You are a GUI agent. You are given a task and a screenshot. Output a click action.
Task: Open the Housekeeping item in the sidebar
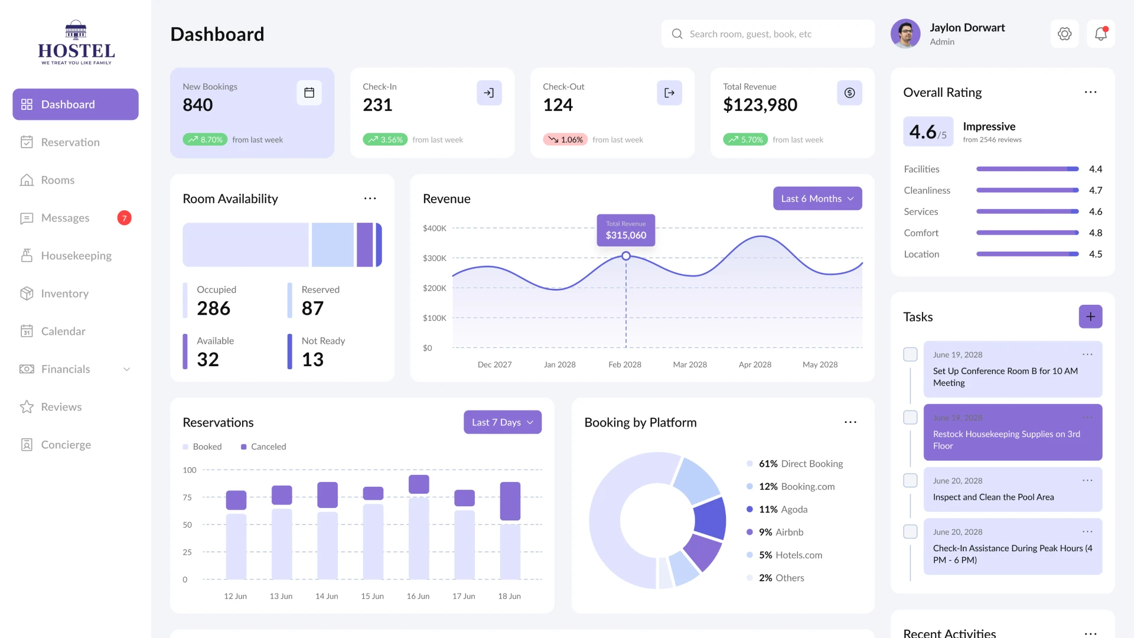tap(76, 256)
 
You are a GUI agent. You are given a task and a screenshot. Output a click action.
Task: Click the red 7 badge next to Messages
tap(124, 218)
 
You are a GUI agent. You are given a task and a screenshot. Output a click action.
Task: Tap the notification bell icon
tap(1100, 34)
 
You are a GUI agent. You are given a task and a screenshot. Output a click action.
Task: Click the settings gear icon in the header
tap(1064, 34)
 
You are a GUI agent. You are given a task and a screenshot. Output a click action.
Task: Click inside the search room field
tap(768, 34)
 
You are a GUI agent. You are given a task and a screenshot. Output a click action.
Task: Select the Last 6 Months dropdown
tap(817, 198)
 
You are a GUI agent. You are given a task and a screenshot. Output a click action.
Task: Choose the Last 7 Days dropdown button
tap(502, 422)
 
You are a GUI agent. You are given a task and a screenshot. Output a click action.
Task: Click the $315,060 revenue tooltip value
tap(625, 235)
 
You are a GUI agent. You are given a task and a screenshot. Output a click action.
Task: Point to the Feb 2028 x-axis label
tap(624, 364)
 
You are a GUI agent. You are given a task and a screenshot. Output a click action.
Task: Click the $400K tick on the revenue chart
tap(434, 228)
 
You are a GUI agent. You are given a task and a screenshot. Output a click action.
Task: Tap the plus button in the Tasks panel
tap(1090, 317)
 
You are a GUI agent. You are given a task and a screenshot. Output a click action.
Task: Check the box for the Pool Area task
tap(910, 480)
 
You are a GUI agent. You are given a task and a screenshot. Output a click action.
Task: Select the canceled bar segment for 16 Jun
tap(418, 484)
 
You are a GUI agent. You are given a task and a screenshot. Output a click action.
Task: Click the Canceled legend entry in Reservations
tap(263, 447)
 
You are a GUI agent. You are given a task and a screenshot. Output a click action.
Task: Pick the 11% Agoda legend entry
tap(783, 509)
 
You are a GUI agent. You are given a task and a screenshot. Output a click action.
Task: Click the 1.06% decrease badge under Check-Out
tap(565, 140)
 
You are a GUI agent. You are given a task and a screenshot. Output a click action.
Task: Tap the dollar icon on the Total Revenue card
tap(849, 93)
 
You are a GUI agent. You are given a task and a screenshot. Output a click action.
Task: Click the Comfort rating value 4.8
tap(1095, 233)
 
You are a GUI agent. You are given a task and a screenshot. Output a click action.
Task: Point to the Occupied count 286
tap(213, 308)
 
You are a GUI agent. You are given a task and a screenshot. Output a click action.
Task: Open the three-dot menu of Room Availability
tap(370, 198)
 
